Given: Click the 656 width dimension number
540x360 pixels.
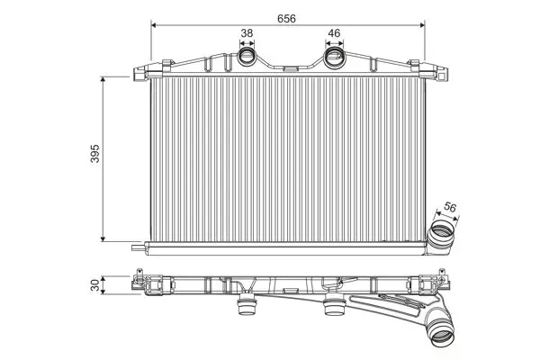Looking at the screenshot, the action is (x=286, y=19).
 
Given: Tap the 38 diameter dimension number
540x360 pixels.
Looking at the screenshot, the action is (x=247, y=33).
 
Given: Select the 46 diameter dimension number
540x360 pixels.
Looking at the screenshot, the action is (x=334, y=33).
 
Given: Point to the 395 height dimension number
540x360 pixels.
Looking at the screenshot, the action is (x=94, y=153).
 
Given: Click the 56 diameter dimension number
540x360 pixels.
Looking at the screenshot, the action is (x=450, y=207).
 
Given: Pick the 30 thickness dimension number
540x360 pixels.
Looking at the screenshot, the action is (x=94, y=284).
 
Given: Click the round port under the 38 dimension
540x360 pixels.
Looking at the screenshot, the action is (x=247, y=56).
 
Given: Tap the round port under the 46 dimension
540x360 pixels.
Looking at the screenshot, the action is (x=334, y=56).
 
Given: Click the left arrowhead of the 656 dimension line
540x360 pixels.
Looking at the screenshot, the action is (x=154, y=25).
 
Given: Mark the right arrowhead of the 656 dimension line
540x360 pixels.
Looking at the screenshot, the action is (x=422, y=25).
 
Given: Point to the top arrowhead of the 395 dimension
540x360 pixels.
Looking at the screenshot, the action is (x=103, y=79).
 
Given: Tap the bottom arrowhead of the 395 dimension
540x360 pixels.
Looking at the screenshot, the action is (x=103, y=238).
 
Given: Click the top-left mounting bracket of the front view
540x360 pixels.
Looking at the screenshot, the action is (x=148, y=71).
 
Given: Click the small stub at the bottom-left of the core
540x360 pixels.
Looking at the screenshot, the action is (x=138, y=247).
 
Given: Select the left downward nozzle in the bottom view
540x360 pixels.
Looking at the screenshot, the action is (x=247, y=305).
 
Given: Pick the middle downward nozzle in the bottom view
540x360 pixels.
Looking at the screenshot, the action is (x=335, y=305).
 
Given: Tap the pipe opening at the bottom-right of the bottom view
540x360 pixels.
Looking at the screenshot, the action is (x=443, y=335).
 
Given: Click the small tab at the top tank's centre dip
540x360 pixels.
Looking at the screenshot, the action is (x=291, y=68).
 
